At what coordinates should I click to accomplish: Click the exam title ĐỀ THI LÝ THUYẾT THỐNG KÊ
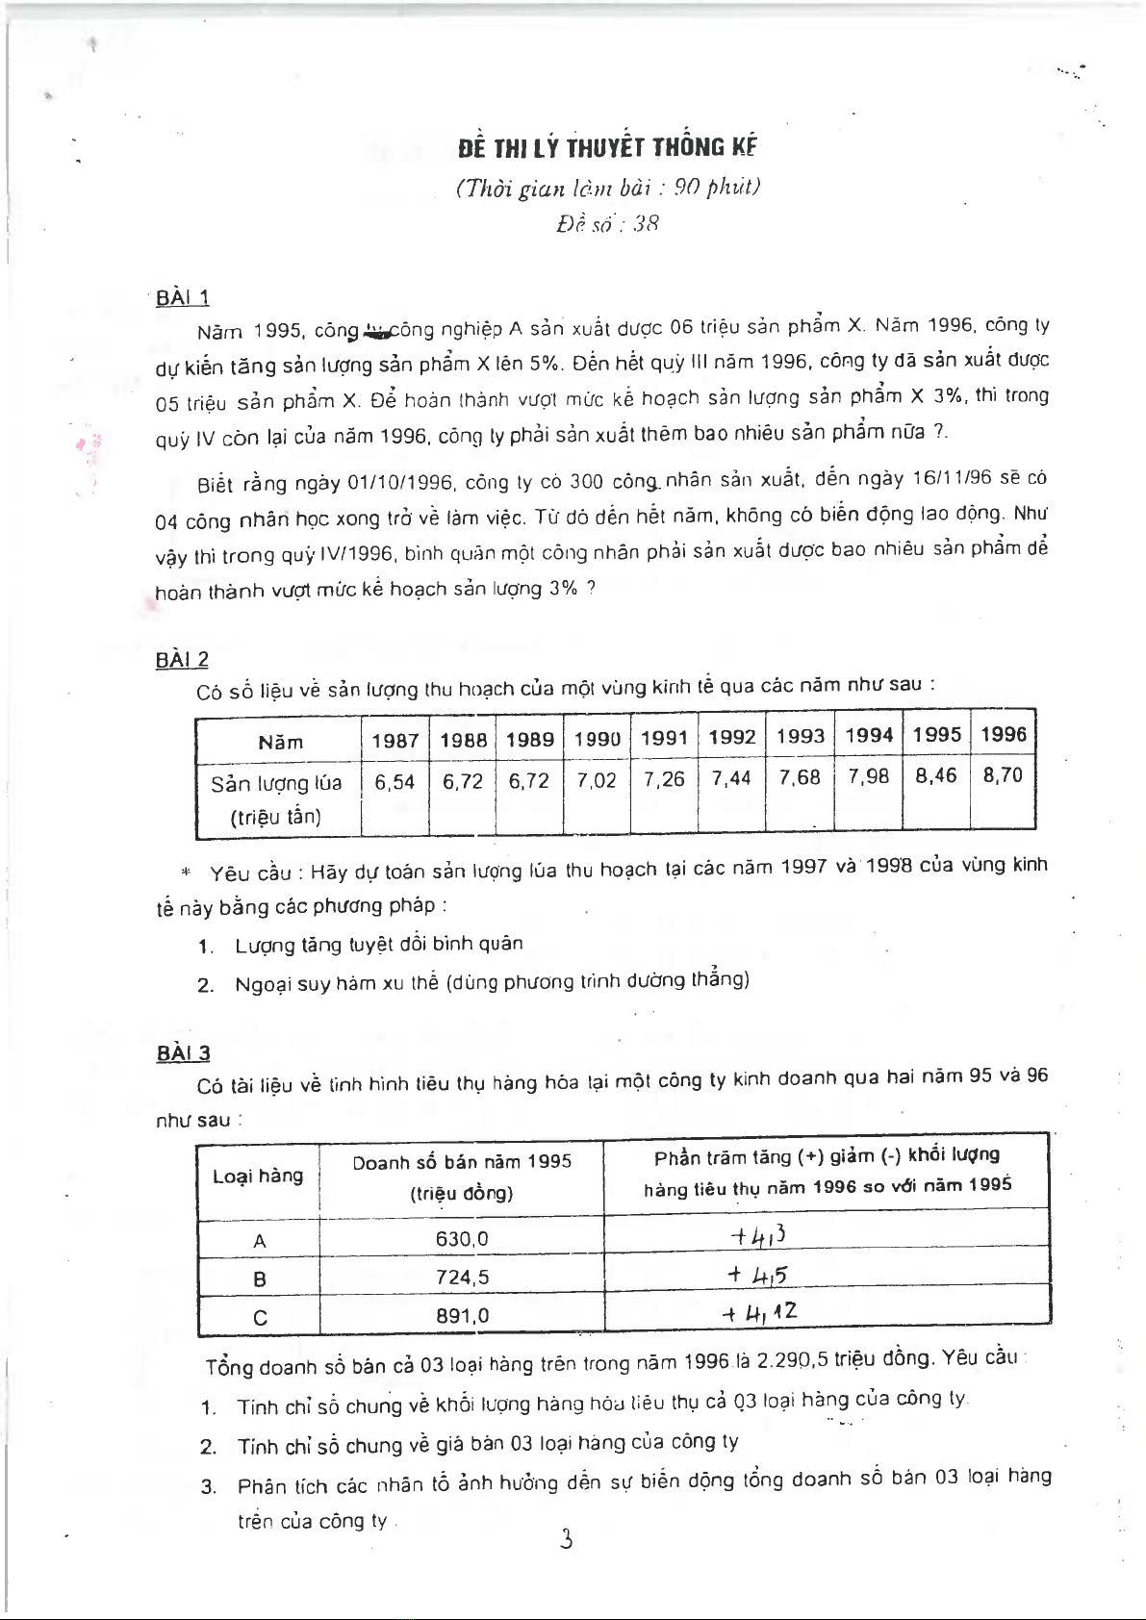(607, 147)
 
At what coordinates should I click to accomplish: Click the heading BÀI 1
(183, 298)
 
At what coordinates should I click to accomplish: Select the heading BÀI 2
(182, 660)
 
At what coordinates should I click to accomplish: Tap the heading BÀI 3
(183, 1053)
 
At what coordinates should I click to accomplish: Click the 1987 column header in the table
(395, 740)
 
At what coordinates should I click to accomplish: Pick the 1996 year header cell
(1004, 735)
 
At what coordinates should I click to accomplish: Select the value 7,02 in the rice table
(597, 780)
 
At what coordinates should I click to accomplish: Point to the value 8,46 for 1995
(936, 775)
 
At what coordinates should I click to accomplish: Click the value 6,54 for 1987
(395, 782)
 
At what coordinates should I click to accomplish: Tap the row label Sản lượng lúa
(276, 783)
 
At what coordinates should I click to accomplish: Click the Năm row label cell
(280, 742)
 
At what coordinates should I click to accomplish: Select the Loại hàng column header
(258, 1176)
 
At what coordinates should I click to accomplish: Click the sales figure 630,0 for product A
(462, 1239)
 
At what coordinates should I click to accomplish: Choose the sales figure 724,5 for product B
(462, 1278)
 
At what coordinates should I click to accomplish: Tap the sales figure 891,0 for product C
(462, 1316)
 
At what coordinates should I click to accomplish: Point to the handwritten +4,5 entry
(758, 1276)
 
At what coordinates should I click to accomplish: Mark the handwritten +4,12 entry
(760, 1312)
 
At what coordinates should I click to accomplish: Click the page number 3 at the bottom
(567, 1540)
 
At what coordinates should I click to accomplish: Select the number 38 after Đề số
(646, 224)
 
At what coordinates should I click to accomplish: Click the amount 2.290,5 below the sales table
(793, 1361)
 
